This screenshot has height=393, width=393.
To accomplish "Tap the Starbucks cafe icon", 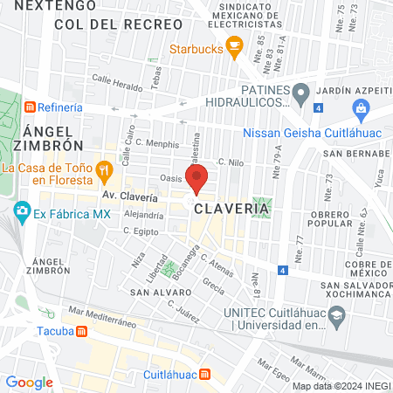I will (x=233, y=50).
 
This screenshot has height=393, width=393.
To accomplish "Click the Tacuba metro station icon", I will (x=81, y=331).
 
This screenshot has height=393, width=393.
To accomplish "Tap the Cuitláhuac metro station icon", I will (x=204, y=375).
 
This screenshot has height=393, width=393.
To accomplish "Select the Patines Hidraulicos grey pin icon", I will (x=300, y=92).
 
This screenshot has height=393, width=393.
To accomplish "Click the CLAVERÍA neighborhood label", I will (x=231, y=209).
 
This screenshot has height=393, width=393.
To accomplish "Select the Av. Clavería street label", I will (x=129, y=196).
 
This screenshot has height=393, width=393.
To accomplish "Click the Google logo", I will (x=29, y=382).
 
